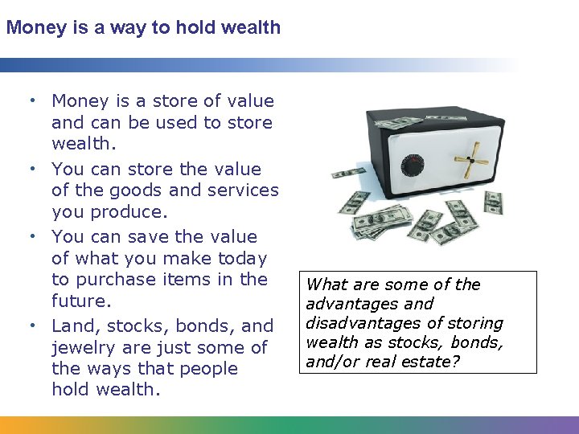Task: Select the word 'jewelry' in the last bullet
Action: [81, 347]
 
